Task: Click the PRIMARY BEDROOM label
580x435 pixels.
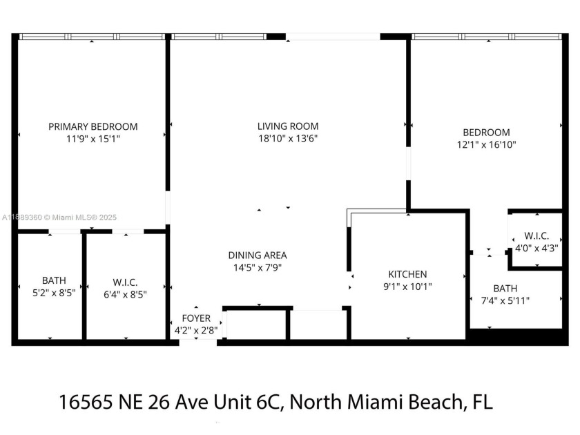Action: [93, 126]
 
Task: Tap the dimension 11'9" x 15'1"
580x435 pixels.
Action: [93, 139]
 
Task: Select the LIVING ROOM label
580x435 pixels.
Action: [288, 126]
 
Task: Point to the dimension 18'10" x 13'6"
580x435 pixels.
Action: [288, 138]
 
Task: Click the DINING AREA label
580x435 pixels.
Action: [258, 255]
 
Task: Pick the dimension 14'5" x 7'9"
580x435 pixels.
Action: [258, 267]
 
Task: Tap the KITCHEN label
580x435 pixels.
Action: [407, 274]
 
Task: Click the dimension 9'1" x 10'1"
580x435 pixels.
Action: [407, 287]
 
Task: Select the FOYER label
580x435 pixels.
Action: [196, 318]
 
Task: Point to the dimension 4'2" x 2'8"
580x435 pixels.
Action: [196, 329]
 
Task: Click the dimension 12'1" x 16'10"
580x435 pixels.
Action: [486, 144]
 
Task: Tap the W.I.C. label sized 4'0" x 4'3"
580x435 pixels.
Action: [536, 236]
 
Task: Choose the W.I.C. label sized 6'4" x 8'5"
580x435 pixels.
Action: [125, 282]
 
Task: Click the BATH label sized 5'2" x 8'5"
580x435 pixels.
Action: [54, 280]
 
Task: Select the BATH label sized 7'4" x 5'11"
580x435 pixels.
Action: [505, 288]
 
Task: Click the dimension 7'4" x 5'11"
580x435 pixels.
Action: [505, 300]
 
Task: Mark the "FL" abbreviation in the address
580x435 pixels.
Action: [481, 401]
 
